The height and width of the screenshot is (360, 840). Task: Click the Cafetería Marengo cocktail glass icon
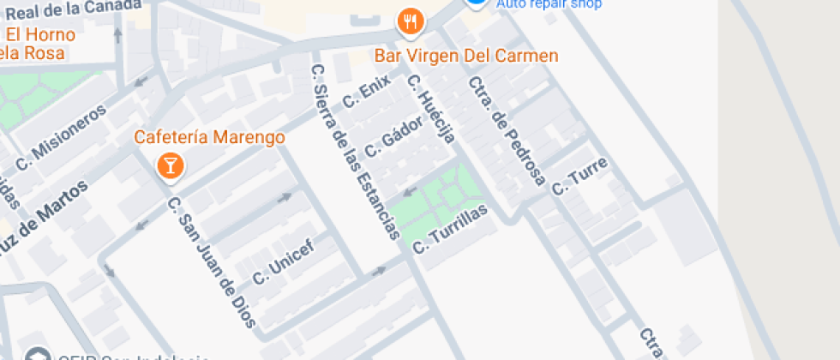[x=170, y=165]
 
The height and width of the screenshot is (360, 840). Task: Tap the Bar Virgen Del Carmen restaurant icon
[x=411, y=21]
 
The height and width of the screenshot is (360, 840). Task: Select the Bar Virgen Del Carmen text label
[x=467, y=56]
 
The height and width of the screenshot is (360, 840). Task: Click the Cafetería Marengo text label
[x=210, y=137]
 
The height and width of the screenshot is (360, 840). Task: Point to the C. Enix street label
[x=366, y=92]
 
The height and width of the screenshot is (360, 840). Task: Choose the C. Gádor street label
[x=393, y=137]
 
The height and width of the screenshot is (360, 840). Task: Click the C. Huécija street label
[x=430, y=109]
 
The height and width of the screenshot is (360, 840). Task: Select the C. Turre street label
[x=579, y=176]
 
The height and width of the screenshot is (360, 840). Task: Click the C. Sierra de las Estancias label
[x=355, y=151]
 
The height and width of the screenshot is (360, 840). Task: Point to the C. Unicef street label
[x=283, y=262]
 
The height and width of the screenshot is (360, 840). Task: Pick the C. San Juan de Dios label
[x=211, y=262]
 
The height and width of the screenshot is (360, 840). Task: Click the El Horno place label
[x=40, y=35]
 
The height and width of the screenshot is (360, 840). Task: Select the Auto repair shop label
[x=549, y=3]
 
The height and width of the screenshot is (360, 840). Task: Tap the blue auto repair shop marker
[x=477, y=3]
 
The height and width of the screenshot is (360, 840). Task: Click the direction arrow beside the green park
[x=410, y=189]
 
